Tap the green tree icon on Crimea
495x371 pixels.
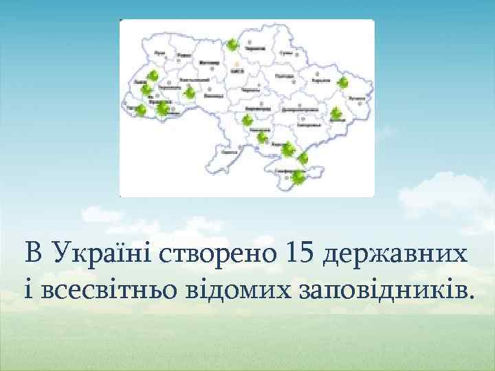(298, 177)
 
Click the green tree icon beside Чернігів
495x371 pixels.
(233, 45)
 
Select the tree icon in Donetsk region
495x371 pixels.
(336, 113)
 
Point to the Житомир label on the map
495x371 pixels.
(209, 63)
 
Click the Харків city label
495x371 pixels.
(321, 80)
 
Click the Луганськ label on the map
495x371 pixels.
(356, 99)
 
